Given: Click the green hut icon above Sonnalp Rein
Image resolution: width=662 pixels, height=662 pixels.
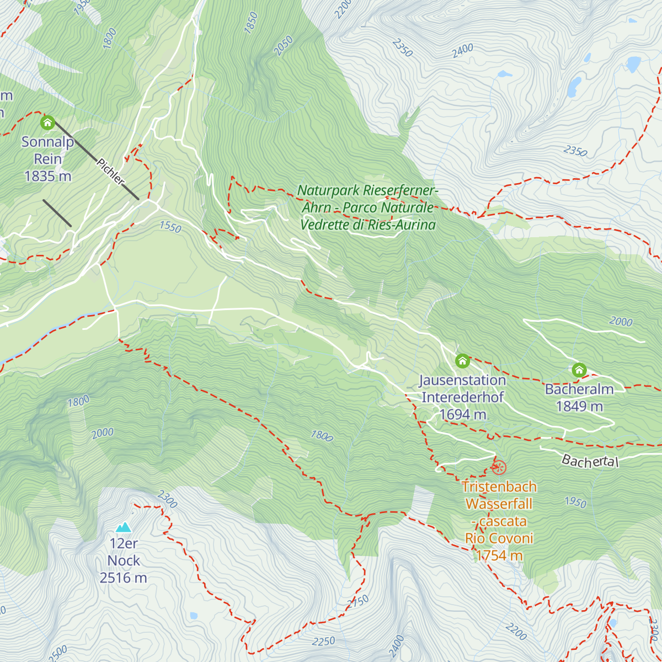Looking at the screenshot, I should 47,122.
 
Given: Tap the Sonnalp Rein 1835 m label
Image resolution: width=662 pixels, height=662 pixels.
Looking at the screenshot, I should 47,159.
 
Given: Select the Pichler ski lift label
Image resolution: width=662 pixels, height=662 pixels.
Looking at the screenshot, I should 110,172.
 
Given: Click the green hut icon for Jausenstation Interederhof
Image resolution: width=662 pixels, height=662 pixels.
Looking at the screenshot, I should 462,361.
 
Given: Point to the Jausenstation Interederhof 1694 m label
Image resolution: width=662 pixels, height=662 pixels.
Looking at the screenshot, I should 462,397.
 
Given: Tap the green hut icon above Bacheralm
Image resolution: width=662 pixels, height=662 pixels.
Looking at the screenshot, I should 579,370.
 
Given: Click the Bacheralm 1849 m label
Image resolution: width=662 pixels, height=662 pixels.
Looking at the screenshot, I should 579,398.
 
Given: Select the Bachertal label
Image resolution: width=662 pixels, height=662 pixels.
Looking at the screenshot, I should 590,461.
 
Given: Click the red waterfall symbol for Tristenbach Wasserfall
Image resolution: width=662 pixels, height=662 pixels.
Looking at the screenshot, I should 499,468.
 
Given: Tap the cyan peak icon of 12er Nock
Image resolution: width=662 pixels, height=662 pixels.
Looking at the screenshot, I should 124,527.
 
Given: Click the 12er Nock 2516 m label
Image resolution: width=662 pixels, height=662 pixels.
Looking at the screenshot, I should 124,560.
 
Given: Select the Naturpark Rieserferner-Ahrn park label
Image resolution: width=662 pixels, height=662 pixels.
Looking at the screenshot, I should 368,208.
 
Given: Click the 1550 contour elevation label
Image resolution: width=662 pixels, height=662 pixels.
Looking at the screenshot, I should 170,227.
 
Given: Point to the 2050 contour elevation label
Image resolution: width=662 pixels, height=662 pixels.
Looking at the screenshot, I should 284,46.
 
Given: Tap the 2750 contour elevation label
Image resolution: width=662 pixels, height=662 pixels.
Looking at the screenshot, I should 358,602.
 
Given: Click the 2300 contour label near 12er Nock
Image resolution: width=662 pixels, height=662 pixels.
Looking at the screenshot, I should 167,499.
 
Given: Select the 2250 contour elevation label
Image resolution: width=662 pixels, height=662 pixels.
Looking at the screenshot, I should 323,641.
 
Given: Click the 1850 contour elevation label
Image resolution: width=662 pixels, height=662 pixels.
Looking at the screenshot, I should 251,23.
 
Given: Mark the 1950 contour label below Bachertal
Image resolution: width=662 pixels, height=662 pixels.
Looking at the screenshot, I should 575,502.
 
